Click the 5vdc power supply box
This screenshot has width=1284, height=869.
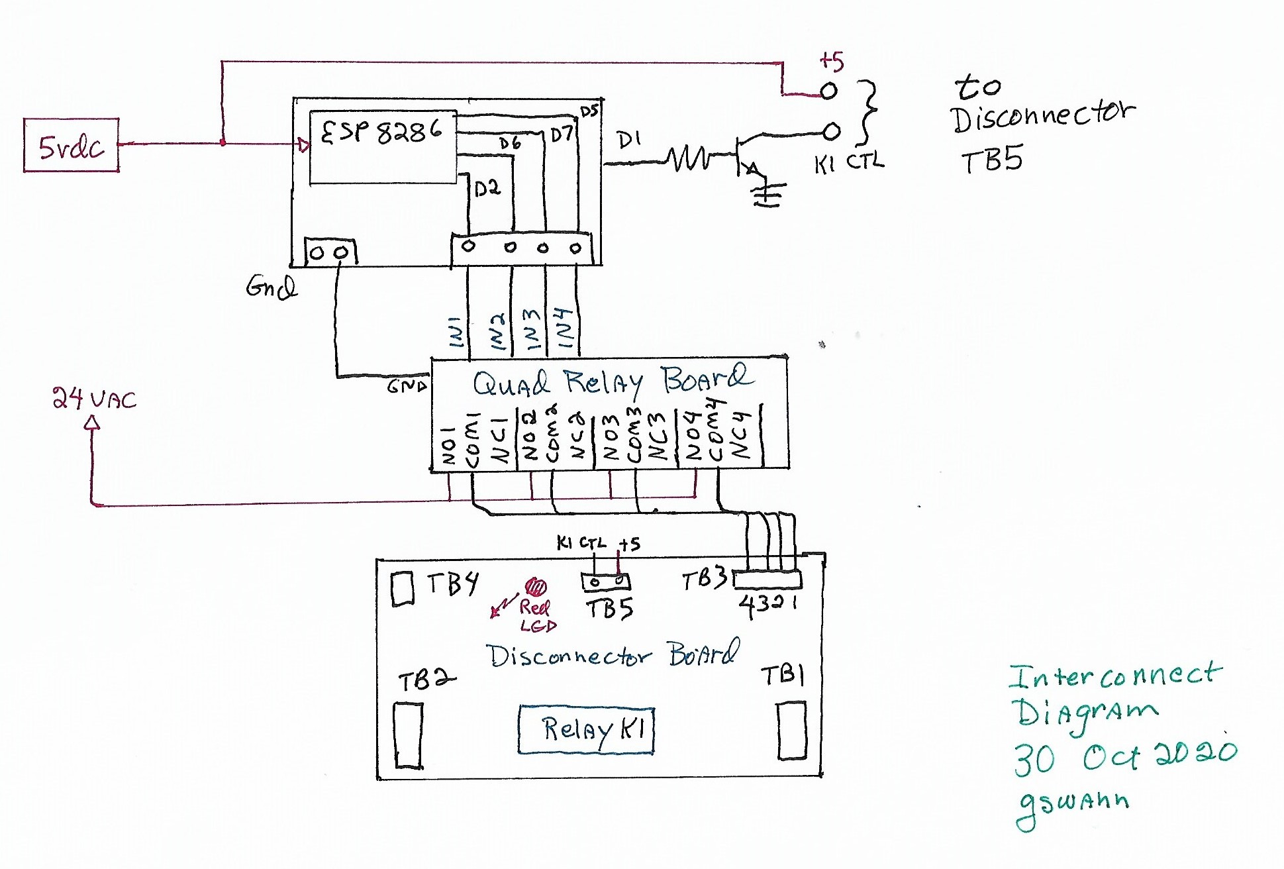(x=71, y=146)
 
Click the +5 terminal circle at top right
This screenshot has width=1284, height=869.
(x=828, y=91)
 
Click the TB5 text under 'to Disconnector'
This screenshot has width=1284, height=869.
(x=991, y=160)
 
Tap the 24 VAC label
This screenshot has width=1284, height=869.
(x=94, y=399)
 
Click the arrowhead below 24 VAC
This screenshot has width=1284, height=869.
(x=93, y=423)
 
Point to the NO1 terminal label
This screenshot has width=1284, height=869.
(x=448, y=445)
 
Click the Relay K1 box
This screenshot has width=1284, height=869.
(x=586, y=729)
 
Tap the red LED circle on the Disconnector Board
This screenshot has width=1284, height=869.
(x=535, y=587)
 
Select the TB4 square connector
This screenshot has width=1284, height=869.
(x=403, y=588)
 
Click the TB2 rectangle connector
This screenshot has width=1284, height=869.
(x=408, y=735)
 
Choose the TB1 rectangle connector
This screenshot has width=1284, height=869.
(x=791, y=731)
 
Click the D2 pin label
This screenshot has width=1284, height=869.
(x=487, y=189)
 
